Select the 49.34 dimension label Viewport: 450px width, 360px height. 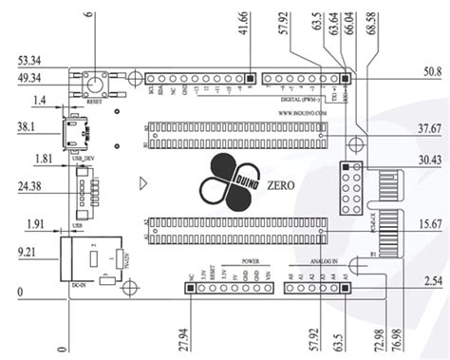click(28, 78)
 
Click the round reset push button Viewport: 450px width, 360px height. click(97, 84)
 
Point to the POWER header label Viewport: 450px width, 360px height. click(250, 259)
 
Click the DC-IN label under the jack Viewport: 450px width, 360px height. click(80, 283)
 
